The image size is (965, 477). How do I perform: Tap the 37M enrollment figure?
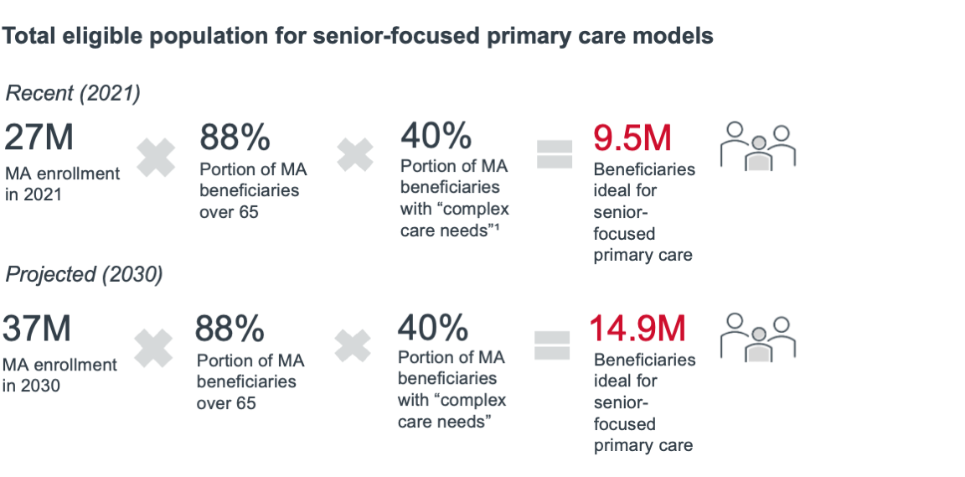pyautogui.click(x=37, y=329)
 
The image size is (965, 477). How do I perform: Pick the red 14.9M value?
pyautogui.click(x=637, y=328)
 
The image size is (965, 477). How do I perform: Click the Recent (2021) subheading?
pyautogui.click(x=72, y=93)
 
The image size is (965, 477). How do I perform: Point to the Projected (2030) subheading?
pyautogui.click(x=84, y=274)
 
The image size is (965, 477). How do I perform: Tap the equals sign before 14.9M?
pyautogui.click(x=551, y=345)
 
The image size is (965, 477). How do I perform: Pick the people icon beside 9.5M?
pyautogui.click(x=758, y=147)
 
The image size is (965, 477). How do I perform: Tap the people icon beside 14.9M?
pyautogui.click(x=758, y=338)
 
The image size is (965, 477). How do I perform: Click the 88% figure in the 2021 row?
pyautogui.click(x=235, y=137)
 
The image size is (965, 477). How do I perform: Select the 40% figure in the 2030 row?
pyautogui.click(x=432, y=328)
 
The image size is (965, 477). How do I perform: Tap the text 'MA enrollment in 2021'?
pyautogui.click(x=62, y=184)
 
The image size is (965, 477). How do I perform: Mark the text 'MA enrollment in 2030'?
pyautogui.click(x=59, y=375)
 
